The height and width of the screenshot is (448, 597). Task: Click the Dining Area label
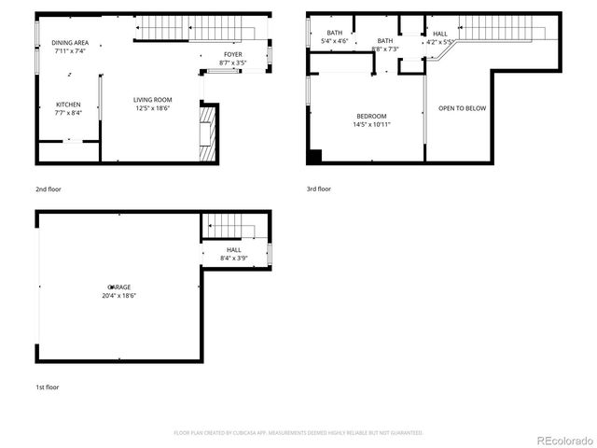(70, 43)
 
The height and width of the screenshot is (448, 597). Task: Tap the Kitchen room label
(68, 105)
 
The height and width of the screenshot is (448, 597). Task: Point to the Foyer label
(231, 55)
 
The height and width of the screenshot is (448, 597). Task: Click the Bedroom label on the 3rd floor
(370, 116)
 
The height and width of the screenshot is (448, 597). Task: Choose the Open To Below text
(462, 108)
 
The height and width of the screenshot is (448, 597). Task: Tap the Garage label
(119, 287)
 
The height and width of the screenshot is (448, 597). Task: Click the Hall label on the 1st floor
(233, 249)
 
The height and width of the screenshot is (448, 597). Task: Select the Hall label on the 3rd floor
(440, 34)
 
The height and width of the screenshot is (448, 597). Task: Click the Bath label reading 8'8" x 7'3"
(385, 41)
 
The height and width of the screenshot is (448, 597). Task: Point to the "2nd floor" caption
(48, 189)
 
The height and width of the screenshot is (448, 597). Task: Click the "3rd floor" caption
(319, 189)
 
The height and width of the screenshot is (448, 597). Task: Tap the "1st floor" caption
(47, 385)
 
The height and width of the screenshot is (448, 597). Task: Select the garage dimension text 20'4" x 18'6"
(119, 295)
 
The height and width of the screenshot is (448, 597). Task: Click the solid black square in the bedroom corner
(315, 157)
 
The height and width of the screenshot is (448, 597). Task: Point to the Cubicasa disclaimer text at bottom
(298, 433)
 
